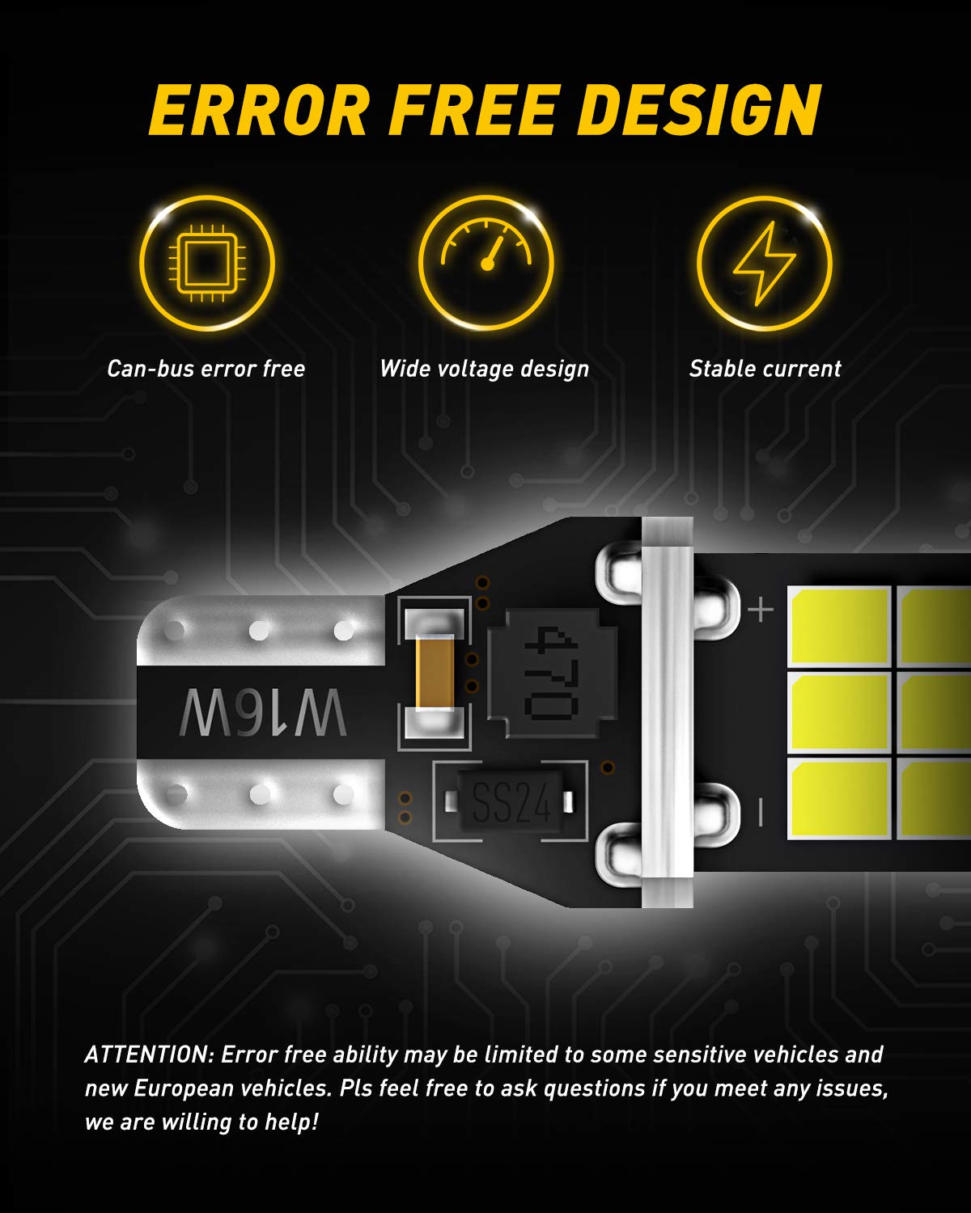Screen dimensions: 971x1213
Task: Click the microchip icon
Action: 207,264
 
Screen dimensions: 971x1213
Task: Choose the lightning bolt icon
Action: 765,264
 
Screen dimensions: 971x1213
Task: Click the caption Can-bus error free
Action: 206,370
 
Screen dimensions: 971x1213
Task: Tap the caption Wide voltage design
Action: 484,370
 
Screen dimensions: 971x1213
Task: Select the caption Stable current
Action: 765,370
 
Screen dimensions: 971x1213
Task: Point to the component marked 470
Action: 551,674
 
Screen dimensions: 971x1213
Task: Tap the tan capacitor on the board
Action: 435,673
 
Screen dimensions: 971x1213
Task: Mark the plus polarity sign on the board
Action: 761,609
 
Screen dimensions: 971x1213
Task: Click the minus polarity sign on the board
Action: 761,813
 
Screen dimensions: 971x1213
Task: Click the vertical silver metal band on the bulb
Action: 667,712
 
